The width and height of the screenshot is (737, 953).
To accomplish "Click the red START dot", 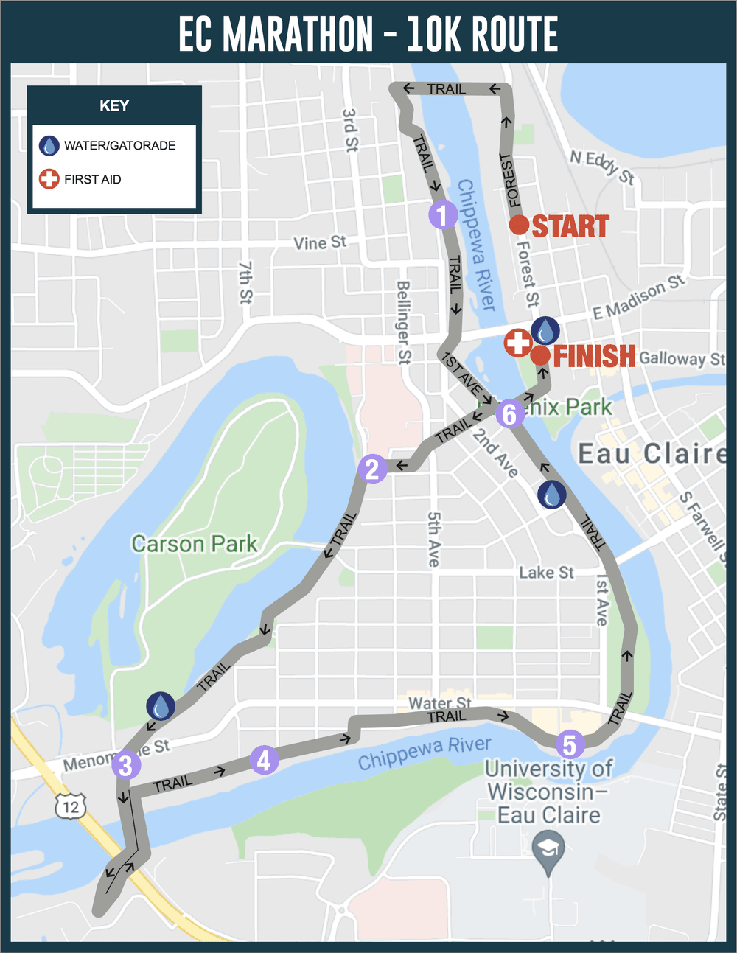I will pos(519,225).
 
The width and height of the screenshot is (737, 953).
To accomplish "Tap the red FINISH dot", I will pos(540,355).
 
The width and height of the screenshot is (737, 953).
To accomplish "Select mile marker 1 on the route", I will pos(442,215).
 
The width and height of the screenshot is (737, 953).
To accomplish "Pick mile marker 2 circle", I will pos(372,469).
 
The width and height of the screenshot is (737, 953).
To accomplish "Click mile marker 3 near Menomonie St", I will pos(125,765).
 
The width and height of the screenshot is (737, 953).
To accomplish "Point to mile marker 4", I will pos(264,759).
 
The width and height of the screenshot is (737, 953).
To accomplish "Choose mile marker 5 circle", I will pos(570,744).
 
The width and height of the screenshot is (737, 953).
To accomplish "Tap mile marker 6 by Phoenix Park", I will pos(509,414).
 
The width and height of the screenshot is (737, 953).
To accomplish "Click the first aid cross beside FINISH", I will pos(518,343).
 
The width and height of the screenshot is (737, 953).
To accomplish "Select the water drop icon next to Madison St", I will pos(545,331).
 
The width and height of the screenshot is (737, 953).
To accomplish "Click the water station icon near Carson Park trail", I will pos(160,706).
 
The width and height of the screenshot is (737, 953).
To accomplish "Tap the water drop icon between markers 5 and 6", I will pos(552,495).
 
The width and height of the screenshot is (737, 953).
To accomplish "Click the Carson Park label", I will pos(195,544).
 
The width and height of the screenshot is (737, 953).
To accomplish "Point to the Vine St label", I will pos(320,242).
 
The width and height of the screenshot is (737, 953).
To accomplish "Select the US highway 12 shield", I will pos(71,806).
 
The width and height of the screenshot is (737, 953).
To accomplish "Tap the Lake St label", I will pos(546,573).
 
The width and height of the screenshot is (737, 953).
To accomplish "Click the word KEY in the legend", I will pos(114,106).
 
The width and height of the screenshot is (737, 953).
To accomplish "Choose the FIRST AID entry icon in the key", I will pos(49,179).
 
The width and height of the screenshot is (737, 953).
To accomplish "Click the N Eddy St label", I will pos(602,166).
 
